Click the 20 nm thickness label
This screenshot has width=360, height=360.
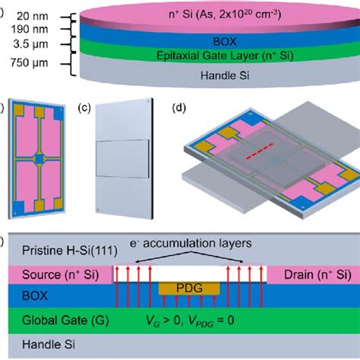pyautogui.click(x=33, y=17)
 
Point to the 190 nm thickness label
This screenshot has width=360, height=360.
pyautogui.click(x=30, y=30)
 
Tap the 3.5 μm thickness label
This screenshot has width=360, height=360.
pyautogui.click(x=30, y=44)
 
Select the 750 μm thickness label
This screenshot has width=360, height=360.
pyautogui.click(x=30, y=63)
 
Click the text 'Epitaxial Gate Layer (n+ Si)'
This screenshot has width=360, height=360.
pyautogui.click(x=225, y=55)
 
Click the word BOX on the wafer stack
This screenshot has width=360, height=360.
pyautogui.click(x=225, y=42)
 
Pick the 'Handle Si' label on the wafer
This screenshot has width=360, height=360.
pyautogui.click(x=225, y=75)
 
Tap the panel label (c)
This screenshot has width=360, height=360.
pyautogui.click(x=84, y=108)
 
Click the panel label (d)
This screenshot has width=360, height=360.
pyautogui.click(x=178, y=108)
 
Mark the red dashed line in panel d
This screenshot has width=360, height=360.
pyautogui.click(x=260, y=151)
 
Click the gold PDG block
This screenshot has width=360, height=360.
pyautogui.click(x=189, y=289)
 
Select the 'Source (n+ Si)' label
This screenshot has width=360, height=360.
pyautogui.click(x=61, y=275)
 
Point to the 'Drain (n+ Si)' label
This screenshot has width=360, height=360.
pyautogui.click(x=317, y=275)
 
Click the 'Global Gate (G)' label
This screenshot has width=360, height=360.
pyautogui.click(x=65, y=321)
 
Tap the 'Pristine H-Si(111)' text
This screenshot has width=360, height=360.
pyautogui.click(x=70, y=251)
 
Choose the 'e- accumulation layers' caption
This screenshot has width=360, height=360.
pyautogui.click(x=191, y=243)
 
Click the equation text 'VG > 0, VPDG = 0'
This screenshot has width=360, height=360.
pyautogui.click(x=190, y=321)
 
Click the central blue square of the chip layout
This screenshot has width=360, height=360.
pyautogui.click(x=39, y=159)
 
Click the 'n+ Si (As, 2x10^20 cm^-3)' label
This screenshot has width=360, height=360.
pyautogui.click(x=225, y=14)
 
